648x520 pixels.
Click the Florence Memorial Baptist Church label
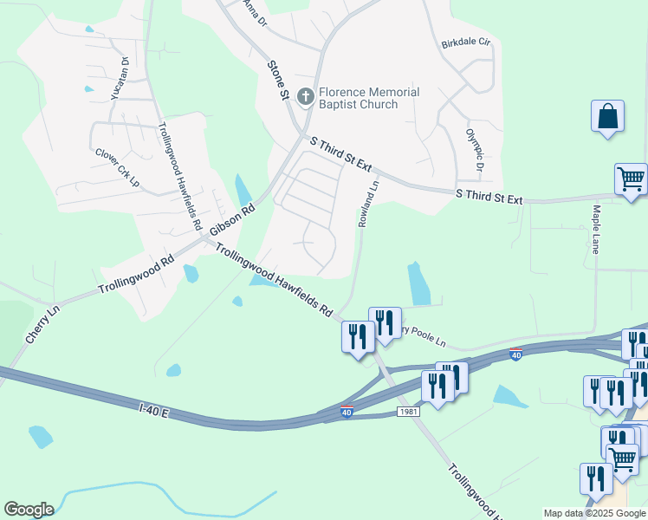pyautogui.click(x=369, y=98)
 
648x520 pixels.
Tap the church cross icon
pyautogui.click(x=305, y=96)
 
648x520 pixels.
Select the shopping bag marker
pyautogui.click(x=607, y=117)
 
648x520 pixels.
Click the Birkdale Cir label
pyautogui.click(x=466, y=42)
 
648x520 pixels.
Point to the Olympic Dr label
pyautogui.click(x=474, y=150)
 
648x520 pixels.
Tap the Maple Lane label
pyautogui.click(x=597, y=229)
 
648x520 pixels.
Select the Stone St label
pyautogui.click(x=277, y=80)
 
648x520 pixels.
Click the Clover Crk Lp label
pyautogui.click(x=117, y=167)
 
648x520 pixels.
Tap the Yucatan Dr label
pyautogui.click(x=120, y=80)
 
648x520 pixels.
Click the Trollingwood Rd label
pyautogui.click(x=136, y=274)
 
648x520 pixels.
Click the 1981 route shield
pyautogui.click(x=409, y=411)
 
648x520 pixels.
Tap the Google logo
pyautogui.click(x=29, y=510)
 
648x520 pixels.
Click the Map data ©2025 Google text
pyautogui.click(x=594, y=513)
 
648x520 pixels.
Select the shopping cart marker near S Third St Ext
pyautogui.click(x=631, y=179)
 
